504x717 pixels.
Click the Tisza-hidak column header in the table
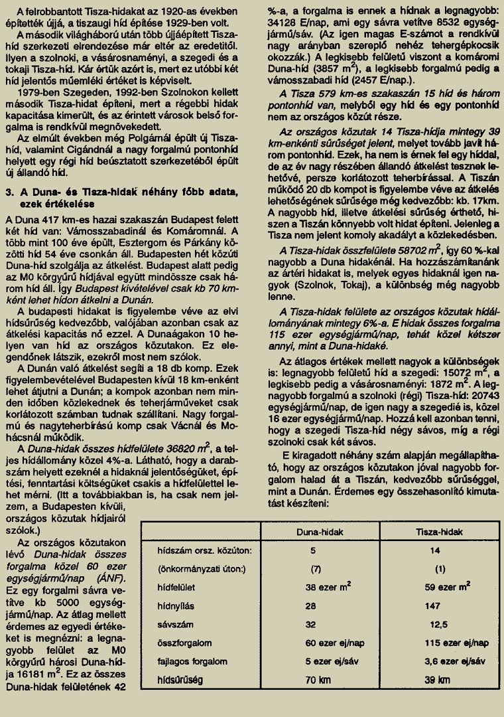439,532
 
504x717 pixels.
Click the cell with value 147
433,605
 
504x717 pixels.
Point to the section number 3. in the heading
10,192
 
